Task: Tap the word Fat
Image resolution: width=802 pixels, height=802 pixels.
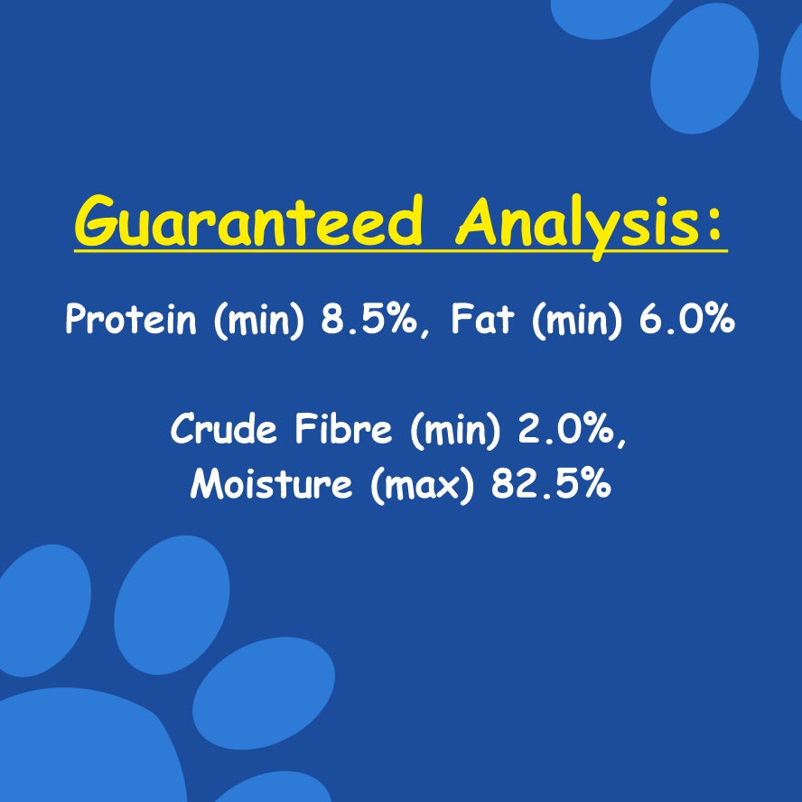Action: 482,321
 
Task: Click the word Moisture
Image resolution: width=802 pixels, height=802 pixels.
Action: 271,484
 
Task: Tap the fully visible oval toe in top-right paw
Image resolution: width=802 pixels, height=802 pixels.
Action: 704,68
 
